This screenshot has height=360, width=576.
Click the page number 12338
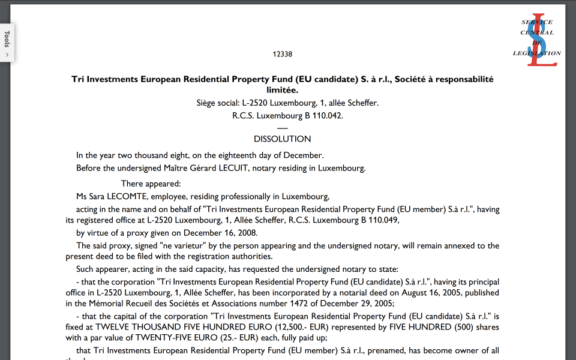pos(282,54)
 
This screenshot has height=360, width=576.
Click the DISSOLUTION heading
pos(282,139)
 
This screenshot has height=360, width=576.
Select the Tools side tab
pos(7,42)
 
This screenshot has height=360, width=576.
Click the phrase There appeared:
pos(151,184)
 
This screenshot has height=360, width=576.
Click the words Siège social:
pos(218,103)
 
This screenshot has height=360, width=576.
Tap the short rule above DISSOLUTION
pos(282,127)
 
